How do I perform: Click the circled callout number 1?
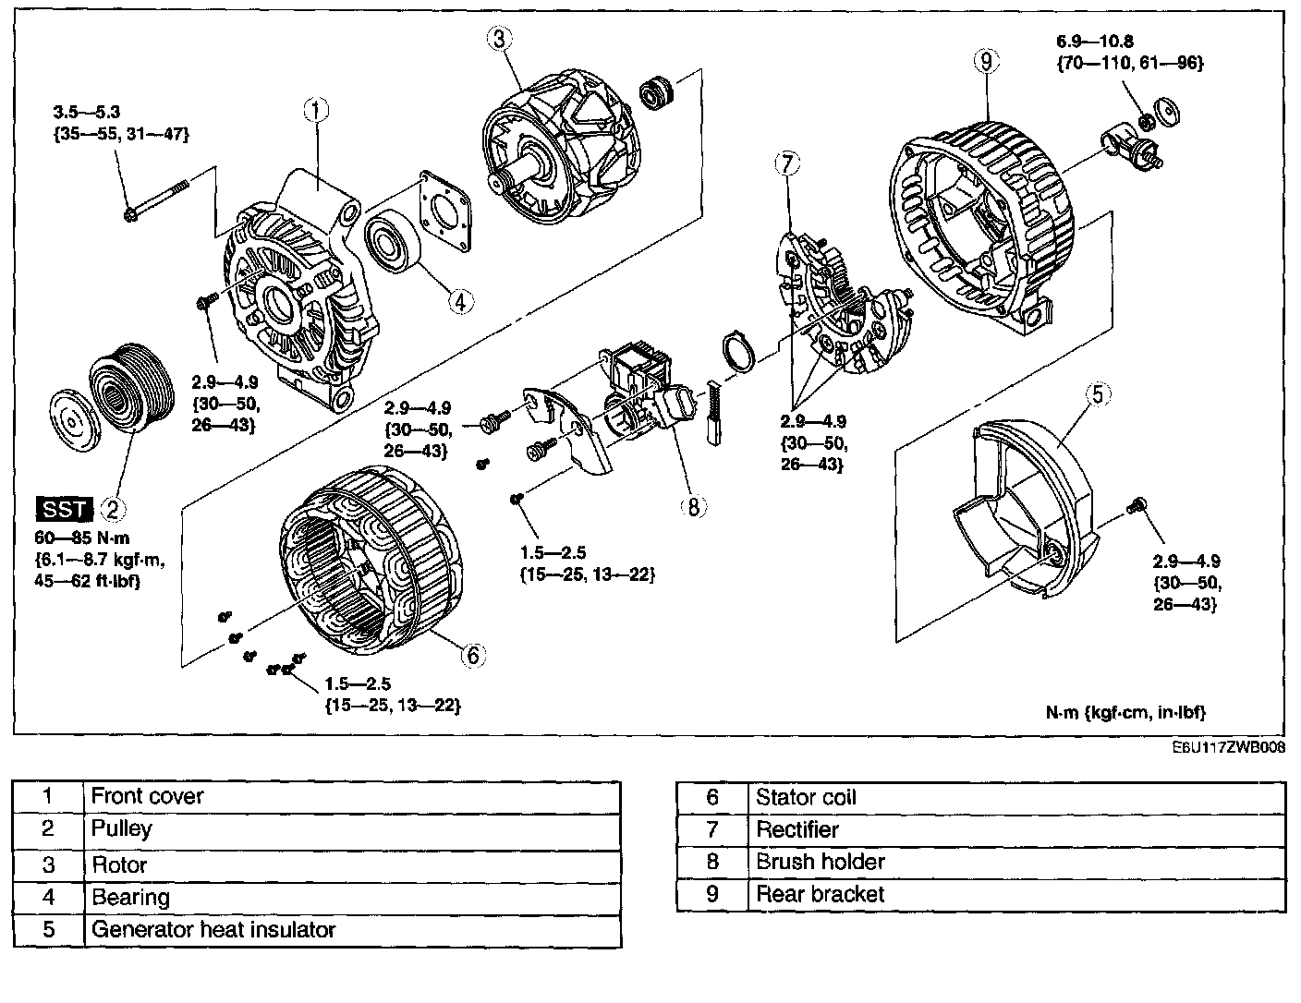315,111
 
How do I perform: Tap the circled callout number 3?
498,39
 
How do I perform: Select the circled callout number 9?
986,62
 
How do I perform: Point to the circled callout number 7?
784,165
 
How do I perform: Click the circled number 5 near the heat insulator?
1097,395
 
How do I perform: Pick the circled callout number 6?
471,655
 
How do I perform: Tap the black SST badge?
64,508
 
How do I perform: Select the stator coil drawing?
370,564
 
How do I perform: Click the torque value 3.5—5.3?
86,113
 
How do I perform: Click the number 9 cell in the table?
711,894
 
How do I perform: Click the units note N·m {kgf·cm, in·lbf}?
1125,712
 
